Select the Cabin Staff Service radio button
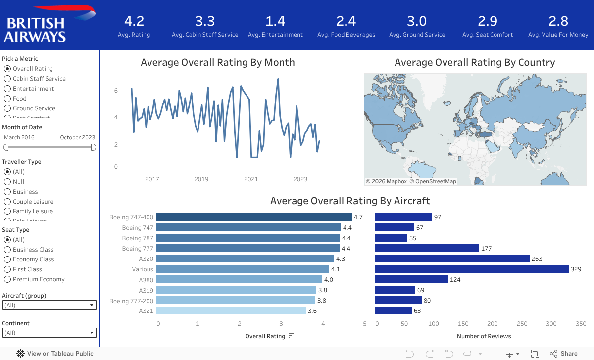7,79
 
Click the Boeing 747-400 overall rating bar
253,217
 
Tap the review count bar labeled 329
471,269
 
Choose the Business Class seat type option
7,250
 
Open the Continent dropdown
49,333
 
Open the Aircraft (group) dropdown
49,305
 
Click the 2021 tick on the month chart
251,179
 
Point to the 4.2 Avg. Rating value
134,21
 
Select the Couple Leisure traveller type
7,202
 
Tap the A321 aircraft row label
146,310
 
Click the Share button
563,354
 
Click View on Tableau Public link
55,354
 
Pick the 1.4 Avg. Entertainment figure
275,21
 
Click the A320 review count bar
452,258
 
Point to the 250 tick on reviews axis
522,324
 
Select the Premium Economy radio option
7,279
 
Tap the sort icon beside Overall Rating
291,336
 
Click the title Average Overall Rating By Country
475,62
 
